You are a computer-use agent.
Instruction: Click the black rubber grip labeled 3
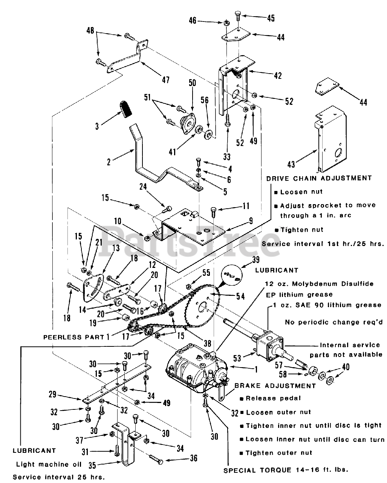[126, 109]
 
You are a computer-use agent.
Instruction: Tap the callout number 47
[166, 80]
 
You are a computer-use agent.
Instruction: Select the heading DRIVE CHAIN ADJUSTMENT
[319, 178]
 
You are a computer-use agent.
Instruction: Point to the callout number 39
[255, 260]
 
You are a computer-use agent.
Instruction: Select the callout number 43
[291, 165]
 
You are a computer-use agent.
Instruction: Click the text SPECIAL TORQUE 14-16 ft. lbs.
[286, 470]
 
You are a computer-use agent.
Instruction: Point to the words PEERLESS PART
[74, 337]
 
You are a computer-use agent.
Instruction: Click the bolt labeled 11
[213, 212]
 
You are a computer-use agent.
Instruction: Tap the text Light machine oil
[49, 465]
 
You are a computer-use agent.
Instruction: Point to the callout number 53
[237, 358]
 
